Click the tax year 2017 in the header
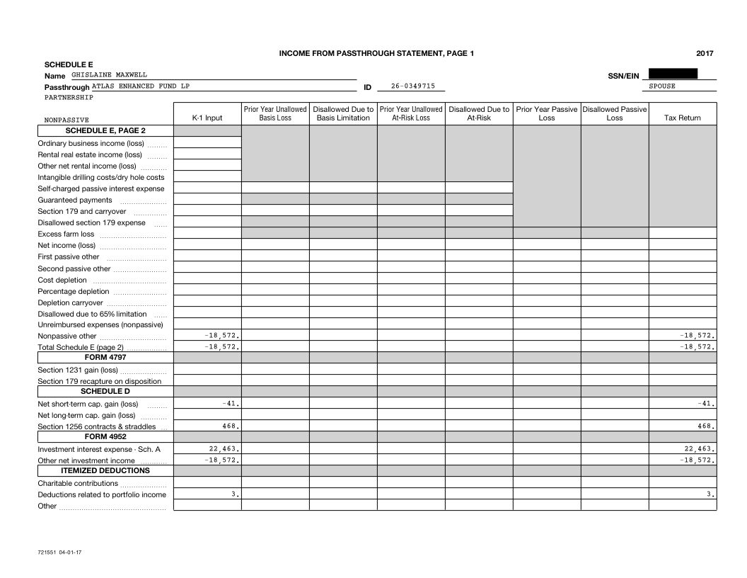click(x=704, y=53)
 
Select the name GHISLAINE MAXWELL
click(x=110, y=74)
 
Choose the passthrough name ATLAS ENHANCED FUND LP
click(x=141, y=86)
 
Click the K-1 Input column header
click(x=207, y=118)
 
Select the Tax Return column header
click(x=682, y=118)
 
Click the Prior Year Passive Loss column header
click(x=546, y=113)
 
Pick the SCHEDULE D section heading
click(x=105, y=391)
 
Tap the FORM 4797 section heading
click(x=105, y=357)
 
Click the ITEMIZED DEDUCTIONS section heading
click(x=105, y=470)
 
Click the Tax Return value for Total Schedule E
click(x=697, y=347)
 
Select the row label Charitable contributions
click(x=78, y=483)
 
